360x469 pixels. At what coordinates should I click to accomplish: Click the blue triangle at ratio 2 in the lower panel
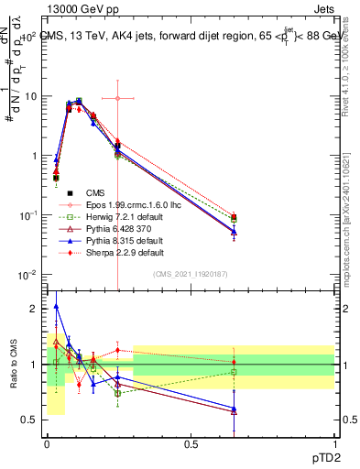56,307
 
